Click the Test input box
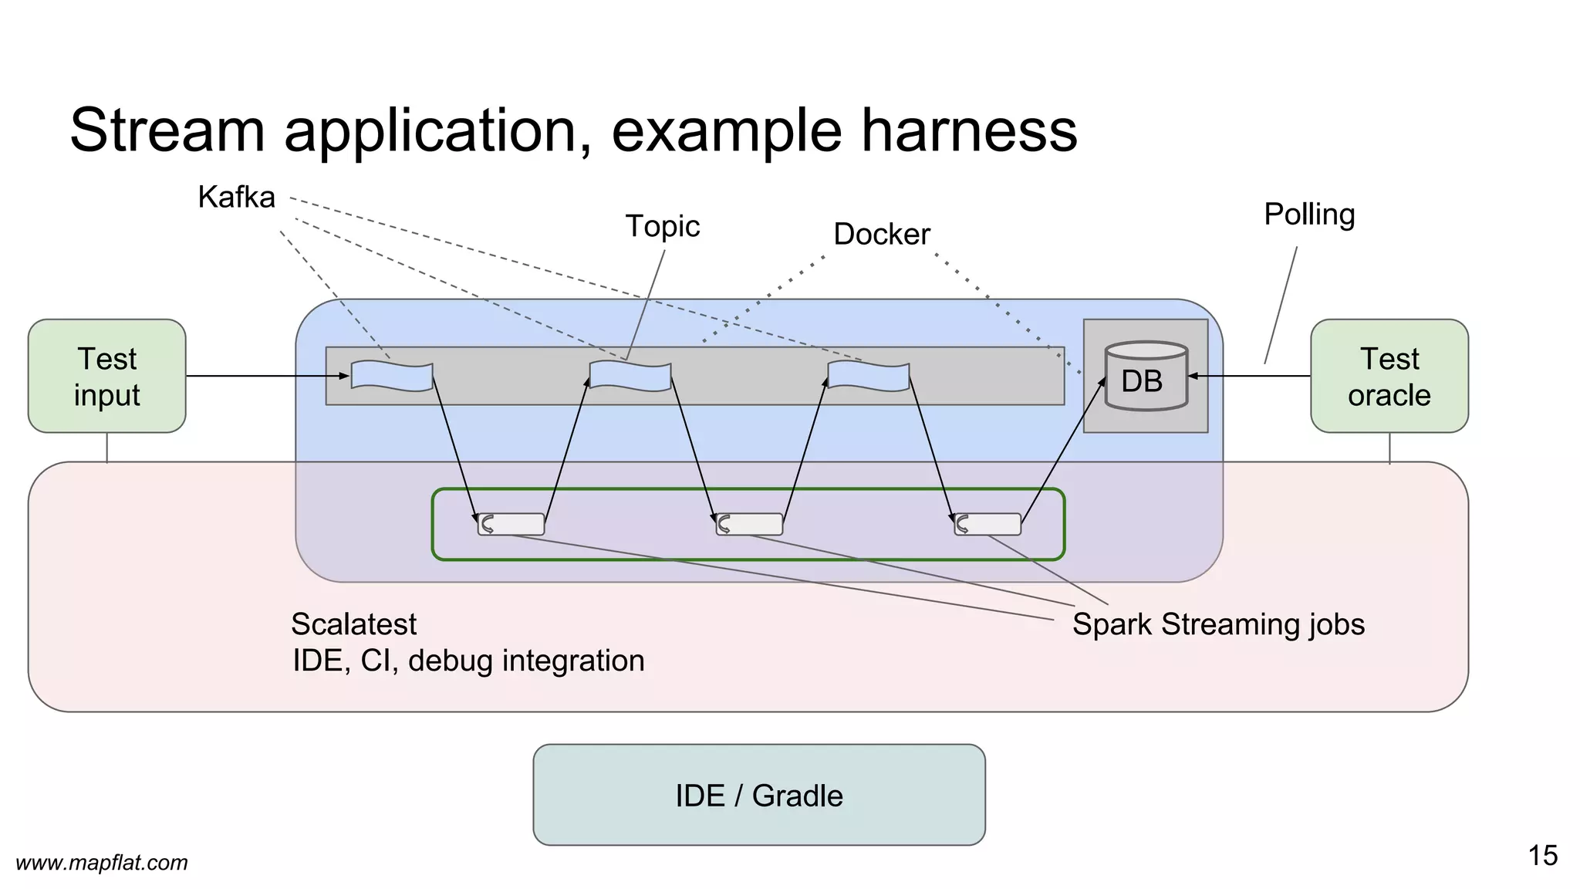coord(106,376)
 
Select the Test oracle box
coord(1389,376)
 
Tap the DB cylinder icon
coord(1145,377)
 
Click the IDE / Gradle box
coord(758,795)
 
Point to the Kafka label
coord(236,198)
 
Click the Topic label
coord(662,226)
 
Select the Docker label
coord(881,235)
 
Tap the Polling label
coord(1308,215)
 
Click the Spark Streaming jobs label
coord(1217,624)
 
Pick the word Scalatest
coord(353,624)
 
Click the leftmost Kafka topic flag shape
coord(392,376)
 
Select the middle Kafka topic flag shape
coord(630,376)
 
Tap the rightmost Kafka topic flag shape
coord(869,376)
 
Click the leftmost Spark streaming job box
coord(511,524)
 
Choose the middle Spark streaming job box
coord(749,524)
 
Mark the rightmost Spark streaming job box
coord(987,524)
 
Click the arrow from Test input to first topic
coord(266,376)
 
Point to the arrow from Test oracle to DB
coord(1250,376)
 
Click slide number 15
coord(1542,856)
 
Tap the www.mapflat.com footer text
coord(102,863)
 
